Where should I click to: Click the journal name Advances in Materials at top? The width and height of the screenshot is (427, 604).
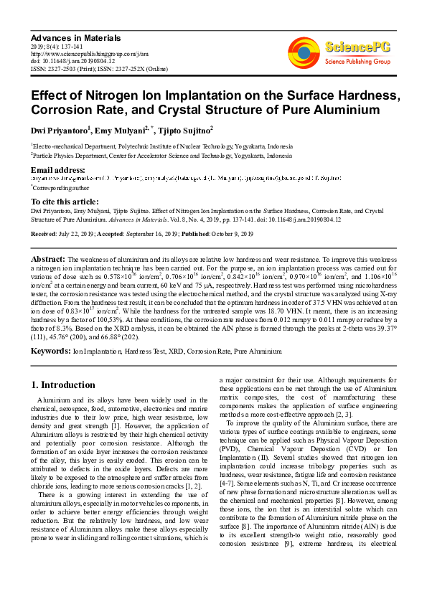(x=75, y=37)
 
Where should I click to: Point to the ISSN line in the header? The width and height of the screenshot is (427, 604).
(x=98, y=68)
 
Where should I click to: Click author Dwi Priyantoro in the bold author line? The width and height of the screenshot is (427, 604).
(x=60, y=130)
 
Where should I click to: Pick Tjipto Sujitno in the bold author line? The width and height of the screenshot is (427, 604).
(x=184, y=130)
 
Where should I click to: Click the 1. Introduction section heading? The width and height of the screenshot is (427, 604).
(x=64, y=385)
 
